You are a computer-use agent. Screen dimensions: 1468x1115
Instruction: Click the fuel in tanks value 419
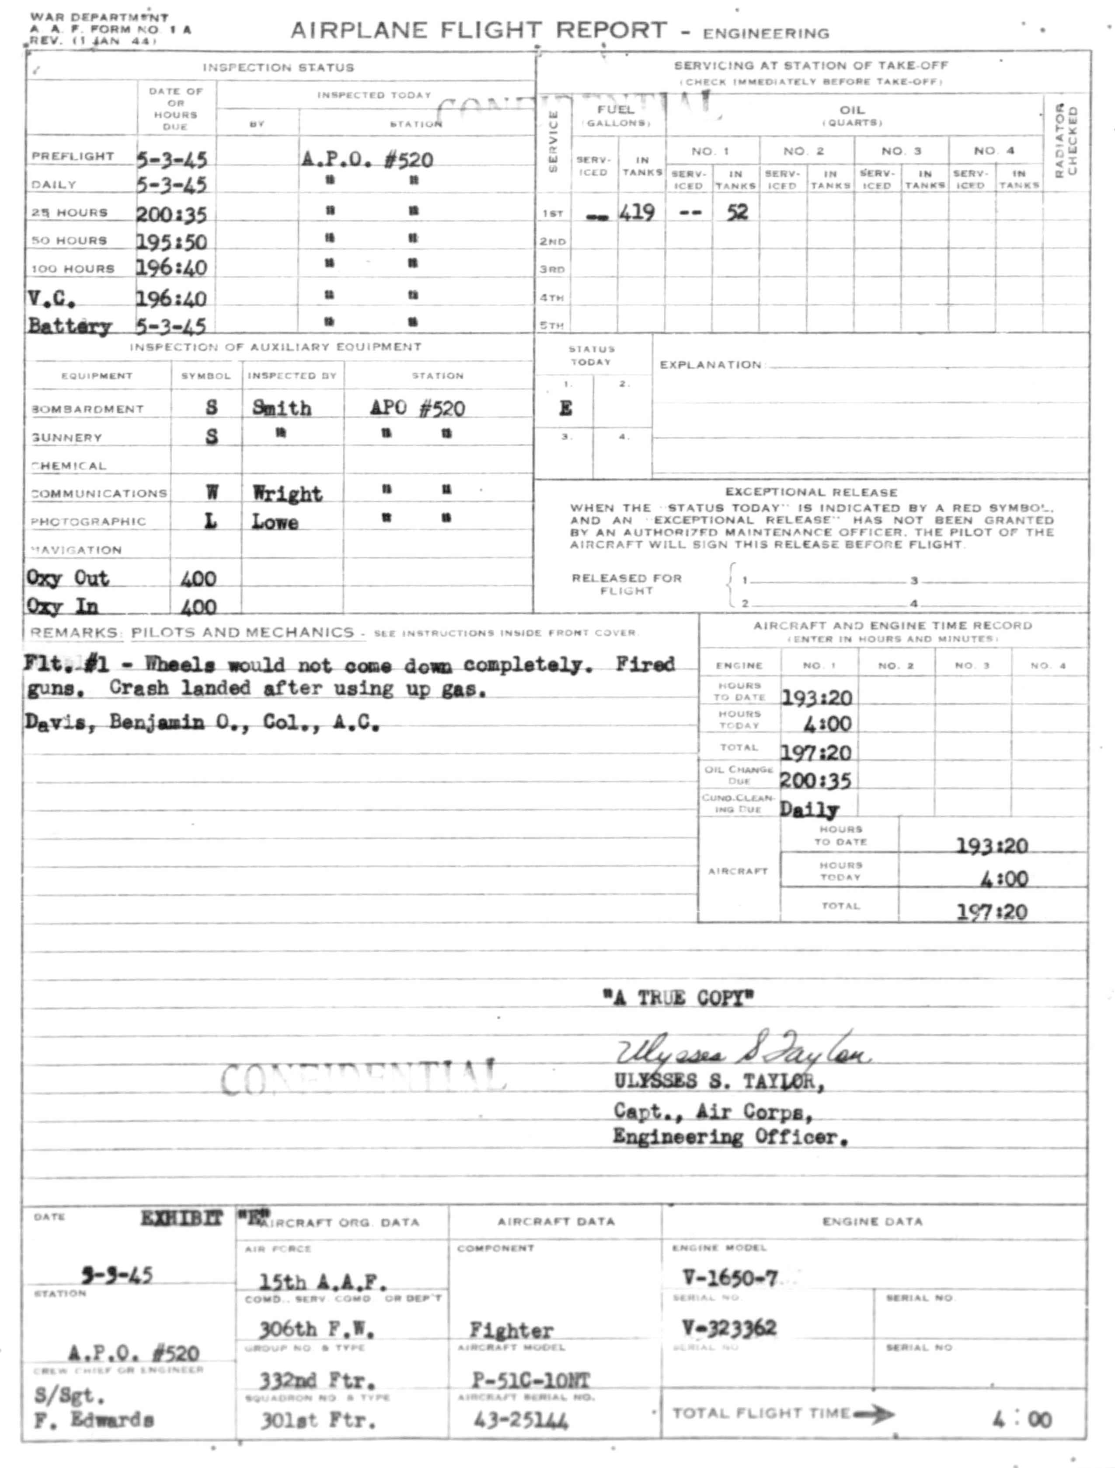point(637,213)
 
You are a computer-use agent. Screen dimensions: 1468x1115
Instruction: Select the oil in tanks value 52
point(737,213)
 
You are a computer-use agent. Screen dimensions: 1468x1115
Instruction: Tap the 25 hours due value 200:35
point(171,214)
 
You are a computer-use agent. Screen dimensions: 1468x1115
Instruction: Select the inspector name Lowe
point(274,522)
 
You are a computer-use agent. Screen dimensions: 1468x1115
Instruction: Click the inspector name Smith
point(282,408)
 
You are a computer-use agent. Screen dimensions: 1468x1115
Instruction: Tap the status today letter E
point(565,408)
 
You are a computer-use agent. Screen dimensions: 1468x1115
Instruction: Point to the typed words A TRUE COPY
point(678,998)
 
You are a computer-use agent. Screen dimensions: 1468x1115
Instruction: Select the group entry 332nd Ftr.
point(317,1381)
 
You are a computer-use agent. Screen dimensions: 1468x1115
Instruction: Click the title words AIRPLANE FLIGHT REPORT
point(478,31)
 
